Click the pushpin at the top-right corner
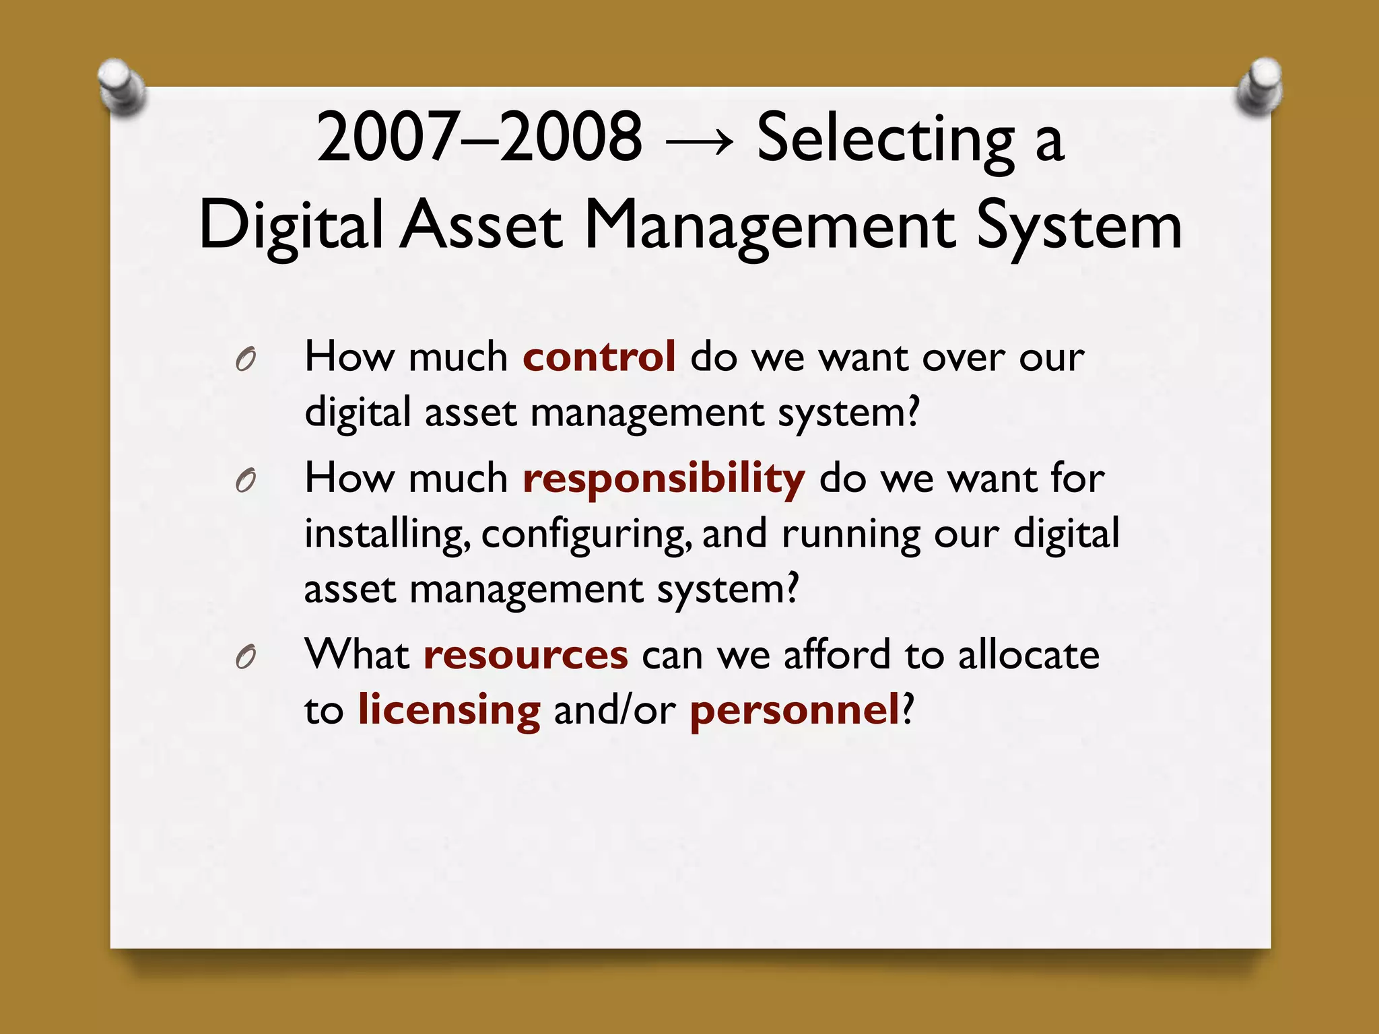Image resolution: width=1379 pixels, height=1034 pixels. pyautogui.click(x=1260, y=86)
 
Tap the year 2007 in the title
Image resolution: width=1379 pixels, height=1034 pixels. pyautogui.click(x=387, y=137)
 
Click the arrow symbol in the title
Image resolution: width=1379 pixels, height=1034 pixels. pyautogui.click(x=699, y=141)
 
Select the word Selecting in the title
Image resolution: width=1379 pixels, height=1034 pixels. pyautogui.click(x=885, y=139)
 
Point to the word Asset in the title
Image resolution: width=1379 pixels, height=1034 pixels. pyautogui.click(x=481, y=226)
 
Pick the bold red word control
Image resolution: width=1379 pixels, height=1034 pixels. pyautogui.click(x=599, y=356)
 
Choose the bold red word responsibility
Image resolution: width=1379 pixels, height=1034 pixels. pyautogui.click(x=663, y=479)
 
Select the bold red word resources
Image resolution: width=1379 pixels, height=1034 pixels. pyautogui.click(x=525, y=655)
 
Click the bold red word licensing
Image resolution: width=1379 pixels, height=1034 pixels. pyautogui.click(x=448, y=711)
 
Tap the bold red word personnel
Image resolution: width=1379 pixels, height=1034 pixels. pyautogui.click(x=795, y=711)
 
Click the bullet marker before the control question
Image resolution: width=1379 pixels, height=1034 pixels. pyautogui.click(x=246, y=360)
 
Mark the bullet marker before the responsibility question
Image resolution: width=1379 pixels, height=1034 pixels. pyautogui.click(x=246, y=481)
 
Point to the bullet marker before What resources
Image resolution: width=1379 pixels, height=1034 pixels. pyautogui.click(x=246, y=657)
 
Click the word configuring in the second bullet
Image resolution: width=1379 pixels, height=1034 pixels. pyautogui.click(x=586, y=535)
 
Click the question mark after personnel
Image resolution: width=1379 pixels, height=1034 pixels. pyautogui.click(x=908, y=710)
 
